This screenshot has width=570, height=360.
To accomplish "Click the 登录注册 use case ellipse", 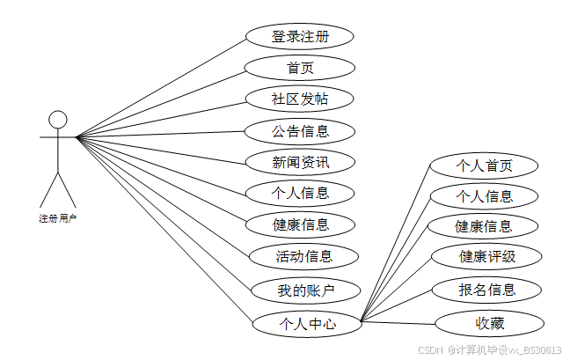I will (x=300, y=36).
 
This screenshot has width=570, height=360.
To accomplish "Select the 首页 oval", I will (x=300, y=67).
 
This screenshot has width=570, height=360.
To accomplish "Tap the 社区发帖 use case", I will (x=300, y=99).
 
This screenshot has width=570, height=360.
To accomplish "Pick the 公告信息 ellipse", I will (x=300, y=131).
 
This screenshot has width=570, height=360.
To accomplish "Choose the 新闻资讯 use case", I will (x=300, y=162).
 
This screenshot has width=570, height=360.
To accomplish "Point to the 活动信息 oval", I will (x=303, y=257).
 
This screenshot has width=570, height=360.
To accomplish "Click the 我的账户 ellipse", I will (x=306, y=290).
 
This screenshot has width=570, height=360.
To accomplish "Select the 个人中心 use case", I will (x=307, y=323).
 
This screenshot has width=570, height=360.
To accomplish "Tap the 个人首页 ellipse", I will (x=483, y=165).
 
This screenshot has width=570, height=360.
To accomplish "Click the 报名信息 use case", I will (x=486, y=289).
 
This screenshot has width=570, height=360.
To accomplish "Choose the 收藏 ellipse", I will (x=490, y=323).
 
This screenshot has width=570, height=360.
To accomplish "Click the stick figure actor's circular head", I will (x=57, y=120).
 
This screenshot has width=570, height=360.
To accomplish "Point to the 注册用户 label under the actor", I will (x=57, y=217).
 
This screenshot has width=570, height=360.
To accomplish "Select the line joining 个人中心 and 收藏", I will (x=400, y=322).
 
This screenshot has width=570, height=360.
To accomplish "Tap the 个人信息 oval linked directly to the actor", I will (x=300, y=193).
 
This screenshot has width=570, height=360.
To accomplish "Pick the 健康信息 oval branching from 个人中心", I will (x=483, y=226).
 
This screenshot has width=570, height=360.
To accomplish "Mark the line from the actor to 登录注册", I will (x=161, y=87).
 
